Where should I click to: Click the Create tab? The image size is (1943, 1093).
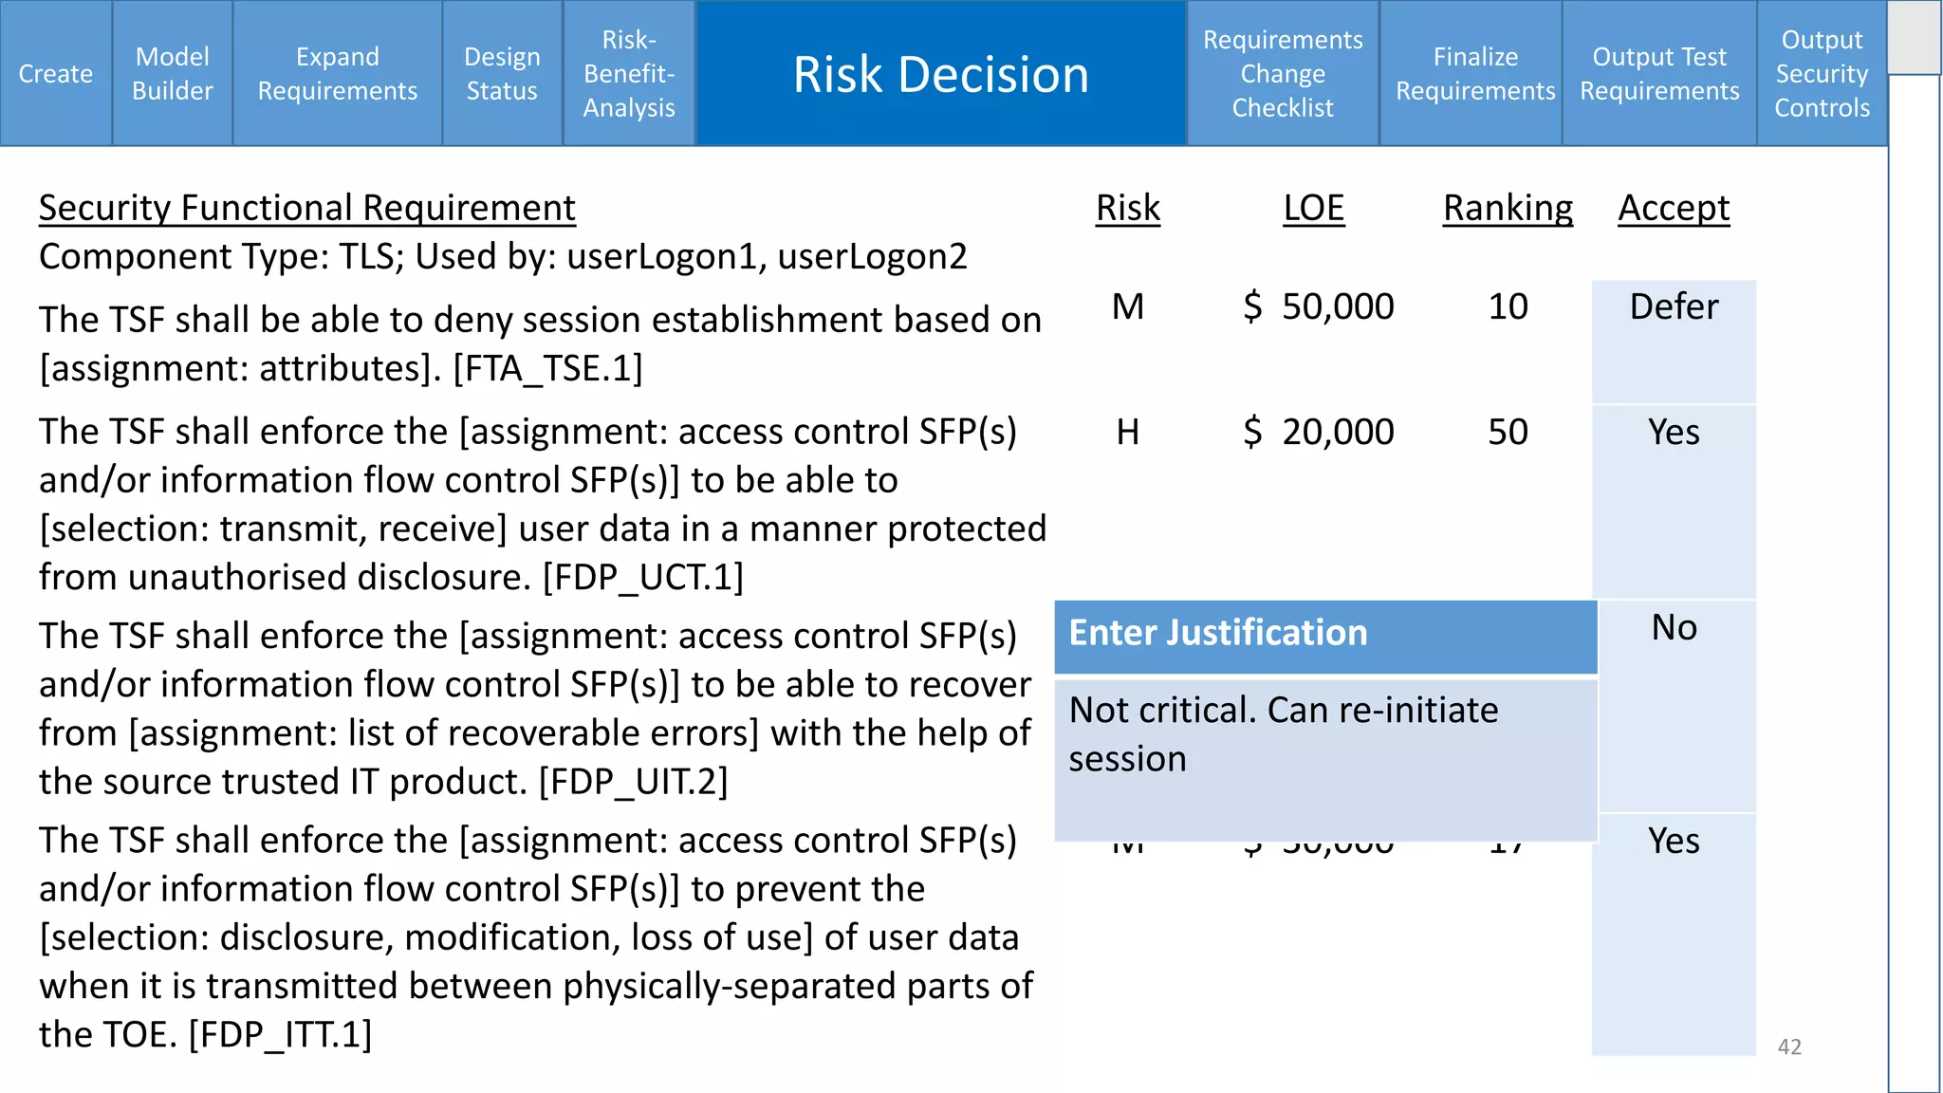[x=56, y=73]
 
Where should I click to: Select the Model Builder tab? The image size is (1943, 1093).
[x=172, y=73]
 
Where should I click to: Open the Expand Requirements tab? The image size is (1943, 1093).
[x=337, y=73]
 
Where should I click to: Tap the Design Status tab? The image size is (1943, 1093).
[x=502, y=73]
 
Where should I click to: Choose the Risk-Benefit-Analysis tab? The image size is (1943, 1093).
[x=629, y=73]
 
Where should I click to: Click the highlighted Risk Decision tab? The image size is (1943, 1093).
[x=940, y=73]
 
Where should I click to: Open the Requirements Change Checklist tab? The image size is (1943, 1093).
[x=1282, y=73]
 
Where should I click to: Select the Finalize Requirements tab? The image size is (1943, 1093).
[x=1474, y=73]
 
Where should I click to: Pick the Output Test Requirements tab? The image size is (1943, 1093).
[x=1658, y=73]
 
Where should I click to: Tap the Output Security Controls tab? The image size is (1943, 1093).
[x=1822, y=73]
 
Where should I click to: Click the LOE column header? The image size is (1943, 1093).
[x=1313, y=208]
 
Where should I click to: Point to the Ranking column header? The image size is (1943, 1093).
[x=1508, y=208]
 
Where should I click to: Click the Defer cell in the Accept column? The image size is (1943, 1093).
[x=1674, y=307]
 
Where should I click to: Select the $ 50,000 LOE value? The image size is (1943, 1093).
[x=1319, y=306]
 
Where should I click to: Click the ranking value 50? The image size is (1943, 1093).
[x=1508, y=432]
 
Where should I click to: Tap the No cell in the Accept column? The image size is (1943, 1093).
[x=1674, y=628]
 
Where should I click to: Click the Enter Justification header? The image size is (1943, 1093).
[x=1218, y=633]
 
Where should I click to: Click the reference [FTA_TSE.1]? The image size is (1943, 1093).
[x=547, y=368]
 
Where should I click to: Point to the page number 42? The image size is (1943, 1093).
[x=1789, y=1047]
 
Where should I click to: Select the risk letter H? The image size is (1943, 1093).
[x=1127, y=432]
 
